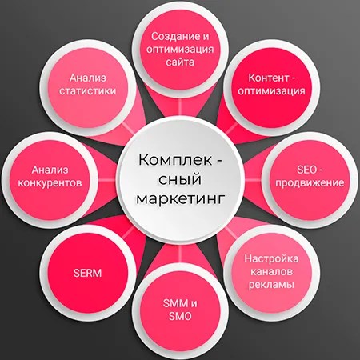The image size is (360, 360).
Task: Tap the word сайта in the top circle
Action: point(180,62)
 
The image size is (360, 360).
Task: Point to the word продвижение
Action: point(310,183)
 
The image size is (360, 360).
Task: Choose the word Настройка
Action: point(271,258)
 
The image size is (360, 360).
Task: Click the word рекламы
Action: point(271,285)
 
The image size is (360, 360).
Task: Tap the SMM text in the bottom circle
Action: point(175,303)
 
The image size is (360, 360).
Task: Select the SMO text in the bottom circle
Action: point(180,316)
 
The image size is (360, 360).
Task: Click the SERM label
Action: point(87,273)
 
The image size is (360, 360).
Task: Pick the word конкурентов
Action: point(50,183)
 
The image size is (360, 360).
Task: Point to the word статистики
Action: point(87,91)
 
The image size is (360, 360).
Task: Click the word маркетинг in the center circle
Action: point(179,199)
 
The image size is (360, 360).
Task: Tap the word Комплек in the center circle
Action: point(175,160)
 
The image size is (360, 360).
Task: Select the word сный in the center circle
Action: point(179,178)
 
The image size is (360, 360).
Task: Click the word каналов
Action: point(271,272)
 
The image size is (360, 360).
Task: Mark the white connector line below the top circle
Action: point(180,109)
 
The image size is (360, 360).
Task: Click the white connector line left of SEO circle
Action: point(253,180)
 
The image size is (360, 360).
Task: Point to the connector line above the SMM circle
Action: point(180,254)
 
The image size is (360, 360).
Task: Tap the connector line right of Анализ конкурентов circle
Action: point(107,180)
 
